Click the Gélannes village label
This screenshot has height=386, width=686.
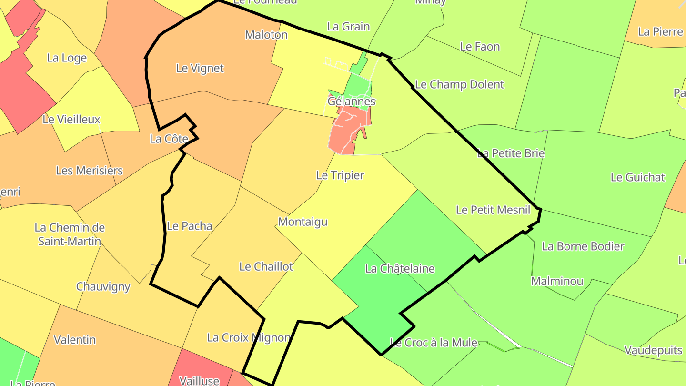coord(352,102)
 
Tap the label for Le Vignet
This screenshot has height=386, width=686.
coord(200,68)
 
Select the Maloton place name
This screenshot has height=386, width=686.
coord(266,35)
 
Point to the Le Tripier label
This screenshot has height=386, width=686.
coord(340,175)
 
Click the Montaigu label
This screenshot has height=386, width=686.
coord(303,222)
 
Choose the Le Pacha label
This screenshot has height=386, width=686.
coord(190,226)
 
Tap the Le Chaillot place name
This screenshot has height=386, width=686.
coord(266,266)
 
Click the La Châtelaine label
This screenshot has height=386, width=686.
coord(400,269)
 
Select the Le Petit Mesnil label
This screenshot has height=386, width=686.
coord(493,210)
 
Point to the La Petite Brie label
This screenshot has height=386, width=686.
coord(511,153)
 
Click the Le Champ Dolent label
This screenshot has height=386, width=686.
coord(460,85)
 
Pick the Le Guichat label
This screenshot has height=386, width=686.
coord(638,177)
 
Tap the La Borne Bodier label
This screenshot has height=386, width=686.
coord(583,246)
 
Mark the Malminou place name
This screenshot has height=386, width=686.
coord(557,281)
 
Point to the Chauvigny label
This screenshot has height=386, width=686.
coord(103,287)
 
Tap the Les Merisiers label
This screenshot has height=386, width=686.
coord(90,171)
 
